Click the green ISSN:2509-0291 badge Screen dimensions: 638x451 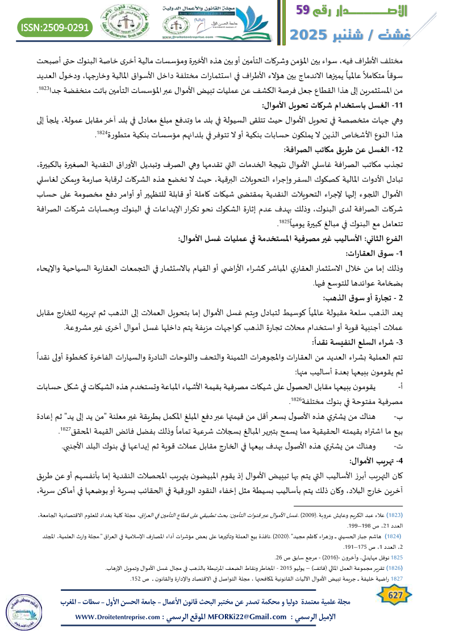(56, 27)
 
